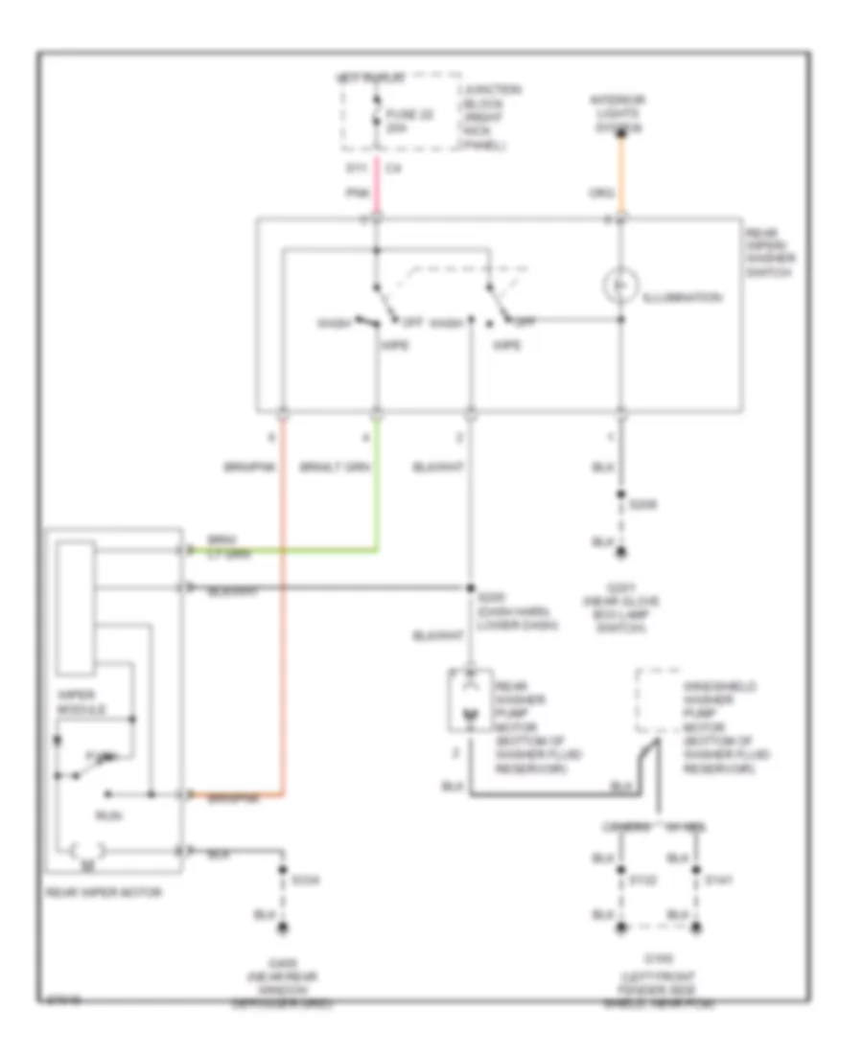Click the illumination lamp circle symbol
pyautogui.click(x=620, y=285)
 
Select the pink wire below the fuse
pyautogui.click(x=376, y=191)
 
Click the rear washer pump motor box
pyautogui.click(x=467, y=701)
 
